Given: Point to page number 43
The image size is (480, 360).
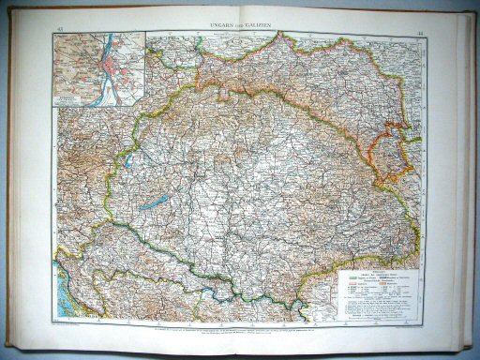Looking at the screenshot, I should click(x=58, y=30).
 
